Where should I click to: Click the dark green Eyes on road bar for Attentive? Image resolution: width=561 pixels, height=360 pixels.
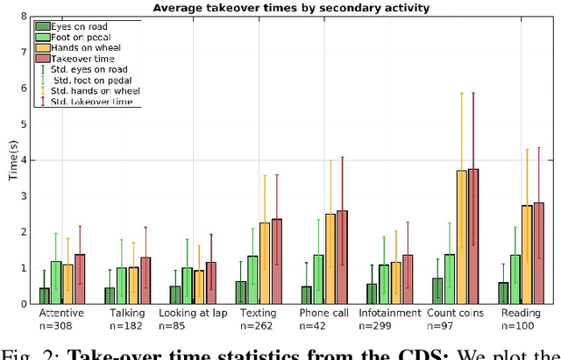tap(45, 295)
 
